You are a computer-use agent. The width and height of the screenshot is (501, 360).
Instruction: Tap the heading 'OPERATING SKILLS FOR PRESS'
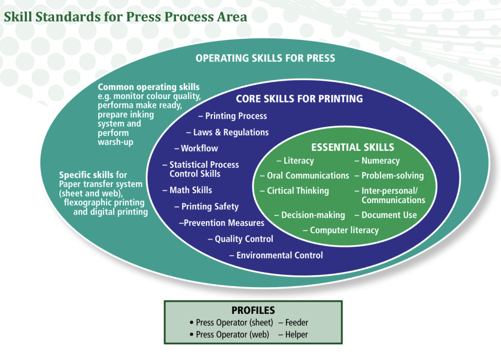[265, 58]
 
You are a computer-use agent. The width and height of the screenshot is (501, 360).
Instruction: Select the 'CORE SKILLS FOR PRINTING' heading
[299, 99]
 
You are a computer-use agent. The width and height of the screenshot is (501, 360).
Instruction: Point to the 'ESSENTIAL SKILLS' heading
[352, 147]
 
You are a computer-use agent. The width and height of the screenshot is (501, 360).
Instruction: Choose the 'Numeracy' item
[380, 160]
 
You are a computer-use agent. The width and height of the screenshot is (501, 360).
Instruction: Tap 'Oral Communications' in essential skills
[308, 176]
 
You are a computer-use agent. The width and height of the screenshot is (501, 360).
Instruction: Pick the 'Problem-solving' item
[392, 176]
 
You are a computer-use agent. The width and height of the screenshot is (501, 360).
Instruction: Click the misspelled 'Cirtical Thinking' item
[297, 191]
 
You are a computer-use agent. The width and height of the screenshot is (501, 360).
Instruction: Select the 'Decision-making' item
[313, 215]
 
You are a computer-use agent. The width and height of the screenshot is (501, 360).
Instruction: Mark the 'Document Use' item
[389, 215]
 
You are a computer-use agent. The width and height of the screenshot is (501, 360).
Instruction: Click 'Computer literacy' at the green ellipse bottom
[344, 230]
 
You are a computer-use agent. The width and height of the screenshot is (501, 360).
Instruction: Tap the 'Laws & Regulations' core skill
[231, 132]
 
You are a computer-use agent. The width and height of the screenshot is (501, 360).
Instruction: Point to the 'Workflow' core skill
[199, 148]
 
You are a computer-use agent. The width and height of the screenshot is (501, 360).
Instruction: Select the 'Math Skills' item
[190, 190]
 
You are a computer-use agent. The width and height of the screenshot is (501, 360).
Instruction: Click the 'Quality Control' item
[244, 239]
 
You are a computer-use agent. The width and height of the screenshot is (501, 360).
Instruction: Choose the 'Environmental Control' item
[279, 255]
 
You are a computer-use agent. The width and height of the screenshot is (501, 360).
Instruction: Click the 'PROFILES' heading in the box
[253, 311]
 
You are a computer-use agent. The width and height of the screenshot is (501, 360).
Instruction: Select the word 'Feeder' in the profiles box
[296, 323]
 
